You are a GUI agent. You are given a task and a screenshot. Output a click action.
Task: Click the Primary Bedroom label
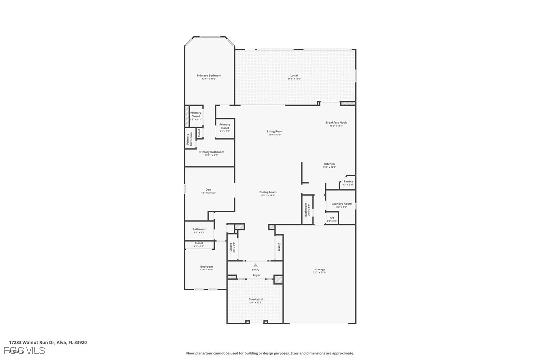point(209,76)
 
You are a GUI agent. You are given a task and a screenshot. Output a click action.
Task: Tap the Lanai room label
point(294,76)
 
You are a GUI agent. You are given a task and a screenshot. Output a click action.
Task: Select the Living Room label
point(275,132)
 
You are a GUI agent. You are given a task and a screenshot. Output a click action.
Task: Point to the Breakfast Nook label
point(336,123)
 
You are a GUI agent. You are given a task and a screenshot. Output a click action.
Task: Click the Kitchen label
point(329,164)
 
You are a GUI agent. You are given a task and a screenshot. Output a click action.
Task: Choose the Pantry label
point(348,182)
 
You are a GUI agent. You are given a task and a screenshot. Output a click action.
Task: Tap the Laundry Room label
point(341,204)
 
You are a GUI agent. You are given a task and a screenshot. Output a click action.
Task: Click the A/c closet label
point(332,218)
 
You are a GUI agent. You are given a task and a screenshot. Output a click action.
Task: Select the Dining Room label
point(268,192)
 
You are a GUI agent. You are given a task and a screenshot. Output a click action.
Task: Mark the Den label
point(208,190)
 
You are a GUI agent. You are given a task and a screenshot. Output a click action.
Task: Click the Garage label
point(320,270)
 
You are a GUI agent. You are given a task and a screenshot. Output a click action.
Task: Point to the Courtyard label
point(255,299)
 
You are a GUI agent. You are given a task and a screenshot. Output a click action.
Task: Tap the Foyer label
point(256,275)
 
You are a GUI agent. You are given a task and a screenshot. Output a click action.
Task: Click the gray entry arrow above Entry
point(255,265)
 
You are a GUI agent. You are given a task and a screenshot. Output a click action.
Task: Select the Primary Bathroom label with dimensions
point(211,152)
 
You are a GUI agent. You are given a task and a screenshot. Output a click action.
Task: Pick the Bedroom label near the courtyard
point(206,267)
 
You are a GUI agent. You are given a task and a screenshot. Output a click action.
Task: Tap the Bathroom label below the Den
point(199,230)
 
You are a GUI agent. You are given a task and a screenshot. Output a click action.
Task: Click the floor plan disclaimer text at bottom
point(270,353)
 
